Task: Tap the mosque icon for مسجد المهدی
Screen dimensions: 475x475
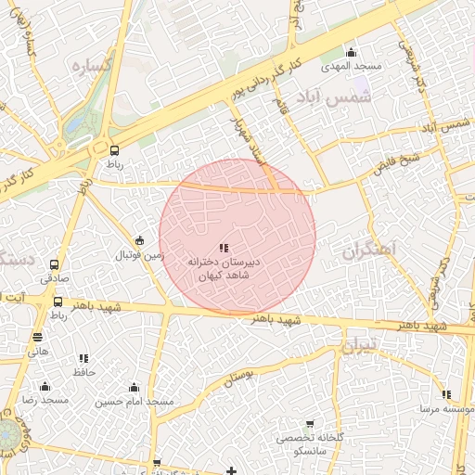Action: (351, 52)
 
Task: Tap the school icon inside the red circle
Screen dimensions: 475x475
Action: (223, 248)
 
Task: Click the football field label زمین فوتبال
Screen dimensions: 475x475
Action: (139, 254)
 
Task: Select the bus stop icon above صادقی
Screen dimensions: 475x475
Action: (54, 264)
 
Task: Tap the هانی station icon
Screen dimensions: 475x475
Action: (37, 338)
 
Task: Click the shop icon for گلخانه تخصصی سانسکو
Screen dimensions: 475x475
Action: (309, 423)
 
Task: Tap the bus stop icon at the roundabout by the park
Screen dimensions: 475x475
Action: (114, 149)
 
